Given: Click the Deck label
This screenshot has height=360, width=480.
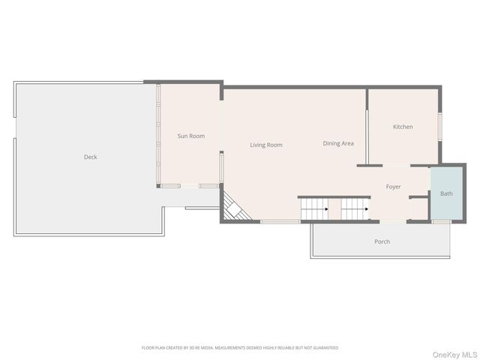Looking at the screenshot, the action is [x=90, y=157].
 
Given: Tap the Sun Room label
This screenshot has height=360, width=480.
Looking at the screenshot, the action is [x=191, y=136].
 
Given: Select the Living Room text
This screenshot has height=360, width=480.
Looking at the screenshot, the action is [x=266, y=145].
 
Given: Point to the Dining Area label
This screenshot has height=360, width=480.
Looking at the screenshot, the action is [x=338, y=143].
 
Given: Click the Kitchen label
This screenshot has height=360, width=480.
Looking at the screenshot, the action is [x=403, y=127].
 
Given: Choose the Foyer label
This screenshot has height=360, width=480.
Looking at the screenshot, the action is [x=393, y=187].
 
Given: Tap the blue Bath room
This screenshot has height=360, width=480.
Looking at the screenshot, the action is [x=447, y=193].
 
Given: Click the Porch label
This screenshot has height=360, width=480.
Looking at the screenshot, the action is [x=382, y=241].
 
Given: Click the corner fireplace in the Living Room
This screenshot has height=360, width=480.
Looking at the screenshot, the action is [x=235, y=208].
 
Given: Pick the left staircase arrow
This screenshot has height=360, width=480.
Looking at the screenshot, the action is [x=327, y=209].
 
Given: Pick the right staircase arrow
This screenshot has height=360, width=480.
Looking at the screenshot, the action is [x=367, y=209].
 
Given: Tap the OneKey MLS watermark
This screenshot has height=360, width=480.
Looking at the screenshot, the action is [x=454, y=355].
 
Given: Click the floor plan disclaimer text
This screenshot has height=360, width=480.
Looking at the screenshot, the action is [x=240, y=348].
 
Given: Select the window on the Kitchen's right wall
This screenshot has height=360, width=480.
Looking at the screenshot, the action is [x=440, y=127].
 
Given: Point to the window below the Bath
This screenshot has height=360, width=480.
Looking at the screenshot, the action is [x=442, y=221].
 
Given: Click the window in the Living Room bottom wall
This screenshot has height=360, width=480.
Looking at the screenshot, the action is [x=280, y=222].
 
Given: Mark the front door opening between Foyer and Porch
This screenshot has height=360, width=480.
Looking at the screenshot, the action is [x=393, y=222].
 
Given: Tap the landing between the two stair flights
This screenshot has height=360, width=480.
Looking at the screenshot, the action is [x=334, y=209].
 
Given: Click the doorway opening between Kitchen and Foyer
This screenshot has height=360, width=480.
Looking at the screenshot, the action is [x=397, y=166].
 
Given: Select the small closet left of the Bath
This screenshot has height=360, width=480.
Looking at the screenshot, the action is [x=418, y=209].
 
